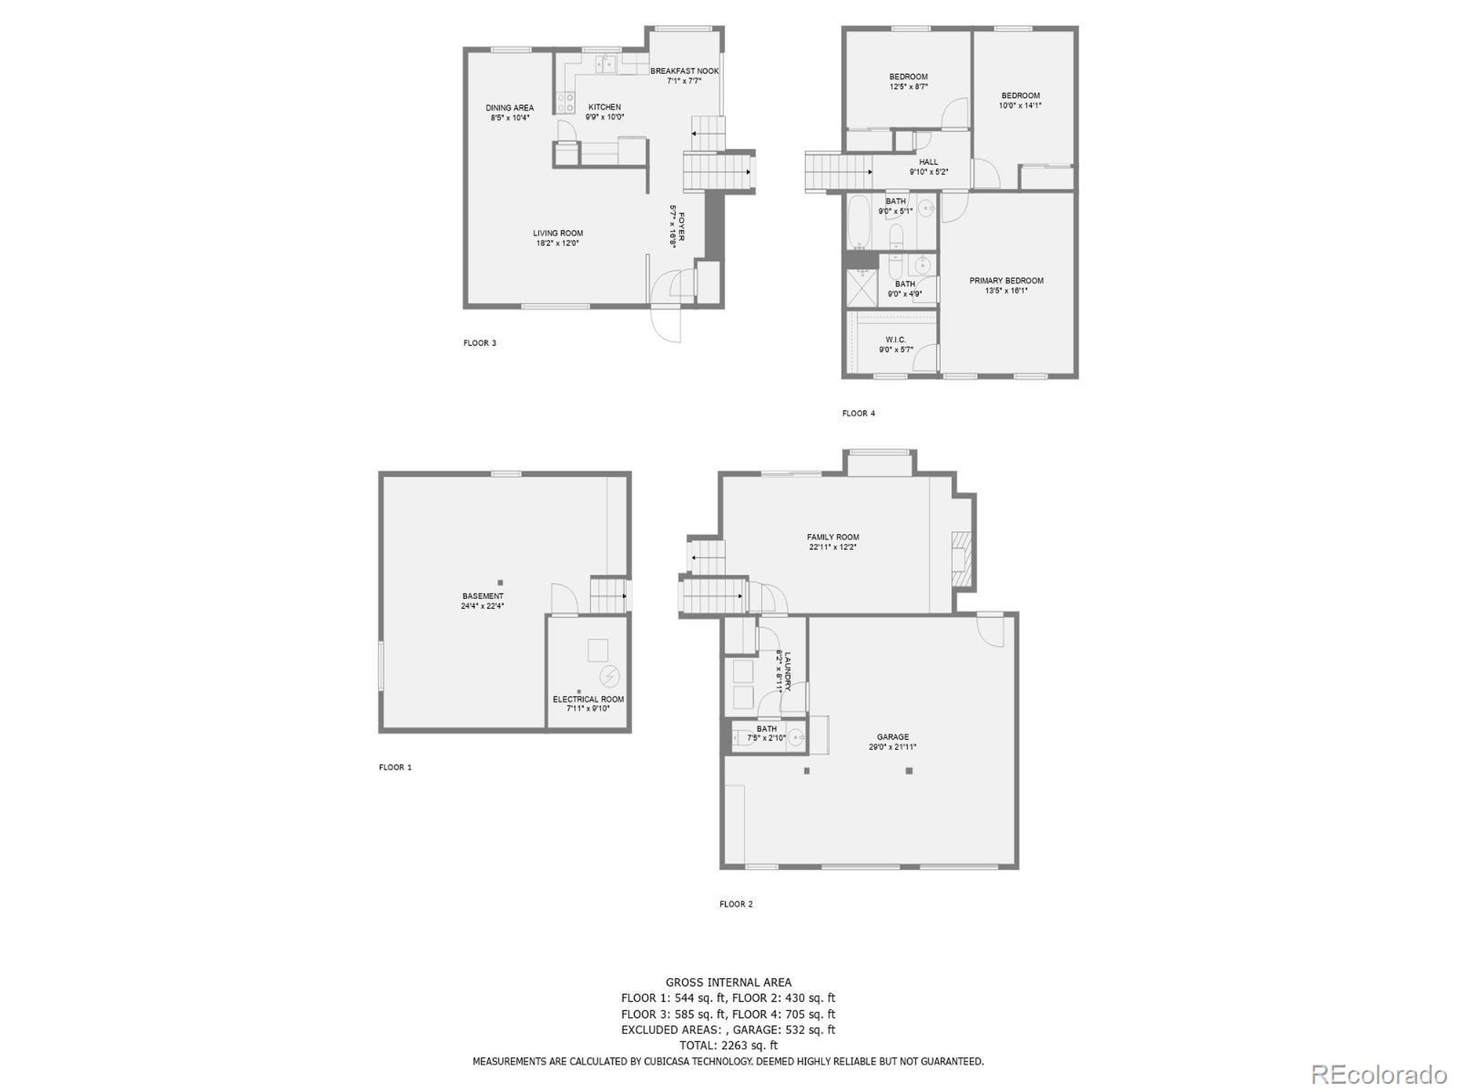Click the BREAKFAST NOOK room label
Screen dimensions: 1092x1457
684,71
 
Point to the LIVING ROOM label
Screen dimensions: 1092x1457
558,233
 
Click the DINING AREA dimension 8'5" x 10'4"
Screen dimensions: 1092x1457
509,118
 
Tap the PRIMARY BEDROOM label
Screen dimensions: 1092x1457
1006,281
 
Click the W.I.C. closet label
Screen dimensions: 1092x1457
896,340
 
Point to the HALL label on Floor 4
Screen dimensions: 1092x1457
928,162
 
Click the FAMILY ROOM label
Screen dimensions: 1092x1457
833,537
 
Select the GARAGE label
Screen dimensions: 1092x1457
892,737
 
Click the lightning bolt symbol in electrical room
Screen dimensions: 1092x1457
610,676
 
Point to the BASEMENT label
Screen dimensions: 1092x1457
482,597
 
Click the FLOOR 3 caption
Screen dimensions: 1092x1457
480,343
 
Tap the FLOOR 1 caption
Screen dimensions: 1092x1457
395,767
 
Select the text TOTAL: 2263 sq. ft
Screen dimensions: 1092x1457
728,1045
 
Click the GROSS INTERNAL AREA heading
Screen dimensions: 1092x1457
728,983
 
